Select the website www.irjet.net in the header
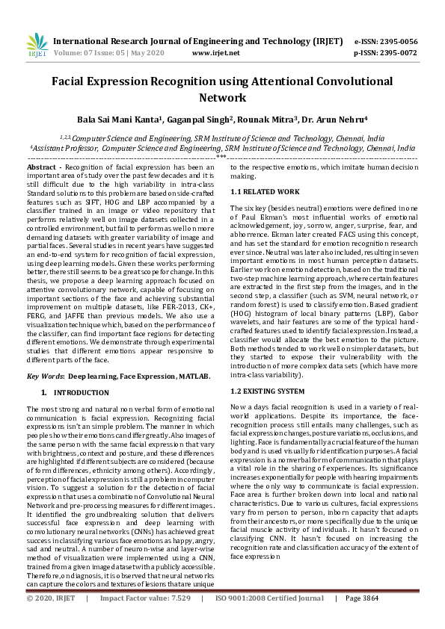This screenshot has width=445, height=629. tap(215, 54)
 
